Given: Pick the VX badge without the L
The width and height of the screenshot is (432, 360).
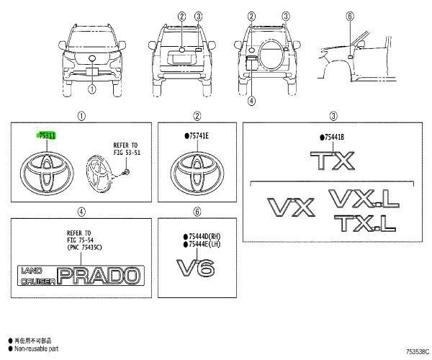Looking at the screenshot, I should (x=291, y=207).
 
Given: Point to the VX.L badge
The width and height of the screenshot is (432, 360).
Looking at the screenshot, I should (x=361, y=197).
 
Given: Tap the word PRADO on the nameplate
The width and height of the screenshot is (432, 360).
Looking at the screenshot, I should (x=100, y=274).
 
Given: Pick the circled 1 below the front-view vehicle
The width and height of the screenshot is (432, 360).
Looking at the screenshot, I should (x=91, y=89).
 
